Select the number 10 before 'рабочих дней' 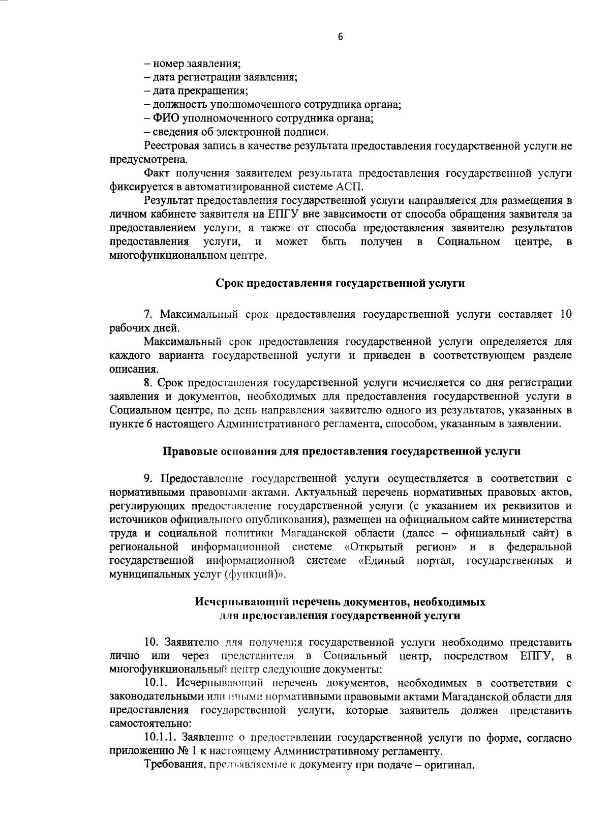coord(566,314)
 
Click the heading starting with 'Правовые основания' coord(341,450)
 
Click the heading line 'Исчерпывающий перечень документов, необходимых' coord(341,602)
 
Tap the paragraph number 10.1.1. coord(160,737)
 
